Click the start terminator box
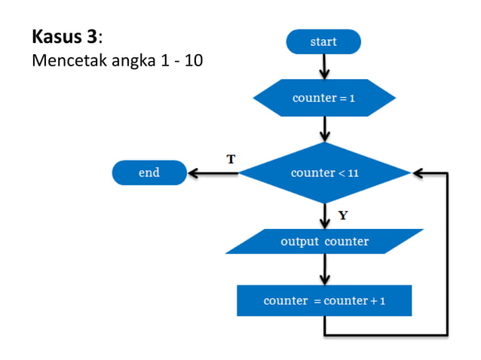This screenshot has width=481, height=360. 323,41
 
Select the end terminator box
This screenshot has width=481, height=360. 149,172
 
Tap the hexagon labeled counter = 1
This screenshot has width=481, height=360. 323,99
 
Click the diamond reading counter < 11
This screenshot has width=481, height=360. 324,172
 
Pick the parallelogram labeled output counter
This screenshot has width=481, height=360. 324,242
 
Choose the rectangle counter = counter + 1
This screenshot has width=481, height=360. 324,301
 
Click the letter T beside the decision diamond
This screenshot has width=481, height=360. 231,159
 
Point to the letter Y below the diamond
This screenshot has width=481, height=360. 343,215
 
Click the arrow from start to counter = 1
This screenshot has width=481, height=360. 324,67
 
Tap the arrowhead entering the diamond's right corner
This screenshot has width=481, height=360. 419,173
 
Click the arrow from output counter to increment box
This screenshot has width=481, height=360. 324,269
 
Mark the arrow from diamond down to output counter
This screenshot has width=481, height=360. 324,215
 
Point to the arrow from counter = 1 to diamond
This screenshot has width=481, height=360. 324,129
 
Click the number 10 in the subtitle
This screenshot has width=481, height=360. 193,60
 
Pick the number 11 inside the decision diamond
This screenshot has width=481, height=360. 353,173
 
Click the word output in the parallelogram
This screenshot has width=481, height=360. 299,242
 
